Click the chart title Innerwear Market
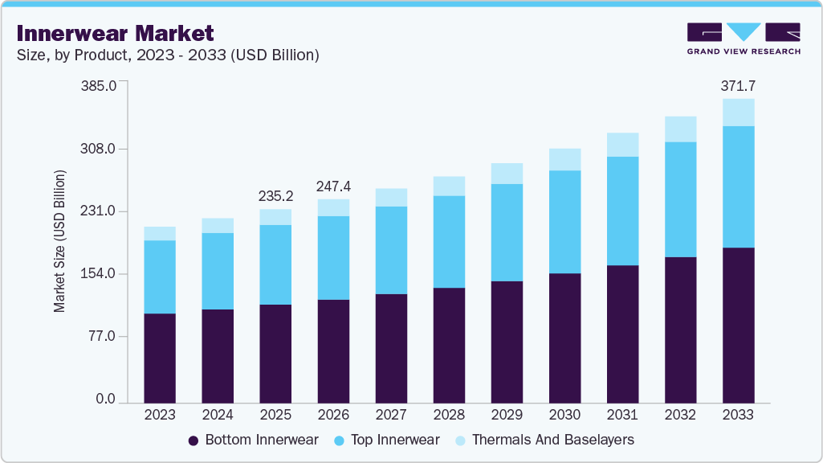click(115, 33)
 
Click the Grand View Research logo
click(744, 39)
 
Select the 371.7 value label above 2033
click(738, 86)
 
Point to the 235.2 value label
click(275, 196)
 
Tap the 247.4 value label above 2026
click(333, 186)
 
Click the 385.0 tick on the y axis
click(101, 86)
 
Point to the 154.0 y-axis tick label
click(101, 274)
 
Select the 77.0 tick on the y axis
click(104, 337)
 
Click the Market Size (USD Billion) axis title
click(59, 241)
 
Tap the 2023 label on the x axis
click(160, 415)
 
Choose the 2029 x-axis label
click(507, 415)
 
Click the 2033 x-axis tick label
click(738, 415)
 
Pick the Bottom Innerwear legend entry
click(253, 440)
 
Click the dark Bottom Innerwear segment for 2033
click(738, 325)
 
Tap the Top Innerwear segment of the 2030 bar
click(564, 222)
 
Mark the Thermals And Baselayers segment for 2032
click(680, 129)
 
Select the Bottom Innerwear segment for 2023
click(160, 358)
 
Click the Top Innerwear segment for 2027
click(391, 250)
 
